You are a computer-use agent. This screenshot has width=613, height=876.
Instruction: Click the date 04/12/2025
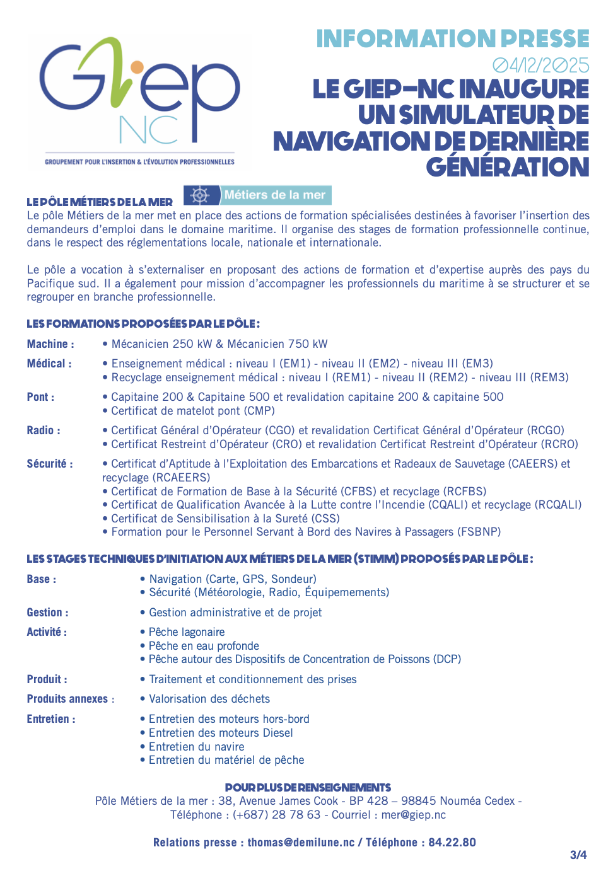[x=540, y=66]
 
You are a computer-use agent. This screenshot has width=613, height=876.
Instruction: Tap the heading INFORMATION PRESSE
[x=452, y=39]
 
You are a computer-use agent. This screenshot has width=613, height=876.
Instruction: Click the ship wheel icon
[x=201, y=195]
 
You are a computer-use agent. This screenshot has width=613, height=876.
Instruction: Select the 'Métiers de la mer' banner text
[x=275, y=195]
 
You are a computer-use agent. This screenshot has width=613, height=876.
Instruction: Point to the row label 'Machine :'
[x=50, y=344]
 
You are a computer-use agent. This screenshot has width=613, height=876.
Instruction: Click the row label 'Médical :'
[x=49, y=364]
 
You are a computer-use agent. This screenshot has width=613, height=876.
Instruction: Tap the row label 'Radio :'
[x=44, y=430]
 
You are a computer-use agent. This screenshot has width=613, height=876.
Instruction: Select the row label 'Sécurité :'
[x=50, y=464]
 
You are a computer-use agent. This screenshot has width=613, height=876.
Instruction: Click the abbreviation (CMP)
[x=259, y=411]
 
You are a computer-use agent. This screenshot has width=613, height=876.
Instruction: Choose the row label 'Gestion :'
[x=48, y=613]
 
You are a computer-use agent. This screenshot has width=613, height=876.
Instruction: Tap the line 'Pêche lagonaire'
[x=187, y=632]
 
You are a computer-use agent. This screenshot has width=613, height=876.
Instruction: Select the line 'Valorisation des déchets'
[x=209, y=699]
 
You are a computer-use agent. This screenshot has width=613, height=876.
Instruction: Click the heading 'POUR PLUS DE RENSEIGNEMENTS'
[x=308, y=788]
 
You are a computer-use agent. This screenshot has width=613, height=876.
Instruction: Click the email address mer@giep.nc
[x=414, y=815]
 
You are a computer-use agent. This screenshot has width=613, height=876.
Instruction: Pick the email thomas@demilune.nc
[x=301, y=843]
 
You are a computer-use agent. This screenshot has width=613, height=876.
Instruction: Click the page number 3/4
[x=578, y=855]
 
